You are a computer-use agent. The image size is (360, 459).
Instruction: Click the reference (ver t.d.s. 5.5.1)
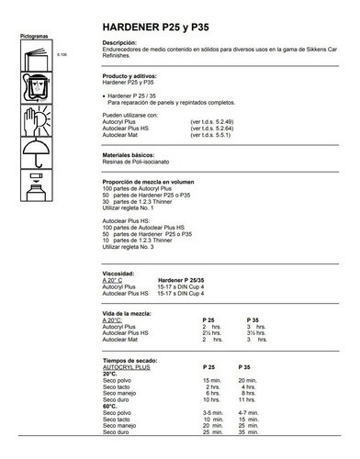click(x=210, y=135)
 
